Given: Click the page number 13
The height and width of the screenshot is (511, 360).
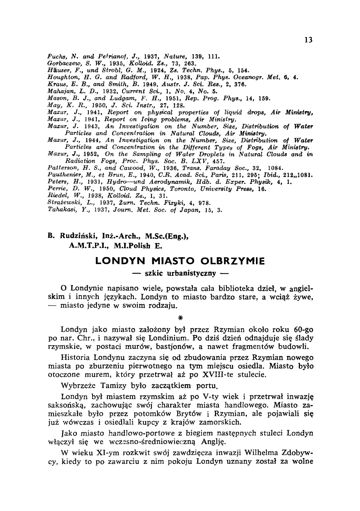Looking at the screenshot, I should click(308, 40).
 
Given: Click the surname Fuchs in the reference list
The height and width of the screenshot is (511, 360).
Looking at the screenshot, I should click(55, 56).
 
